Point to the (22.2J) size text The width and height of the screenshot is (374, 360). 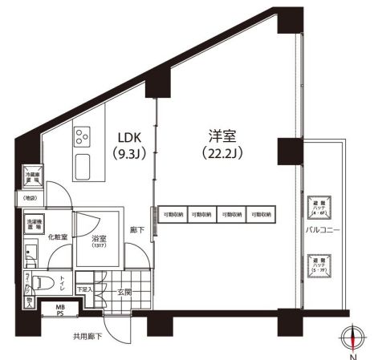click(x=217, y=152)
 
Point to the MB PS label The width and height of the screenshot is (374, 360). click(x=59, y=310)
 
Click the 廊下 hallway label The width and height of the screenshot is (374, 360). click(x=137, y=233)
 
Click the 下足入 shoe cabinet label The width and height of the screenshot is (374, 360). click(x=83, y=290)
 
